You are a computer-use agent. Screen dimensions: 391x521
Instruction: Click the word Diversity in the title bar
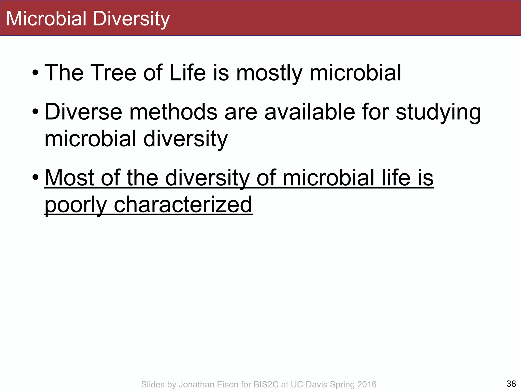[x=131, y=19]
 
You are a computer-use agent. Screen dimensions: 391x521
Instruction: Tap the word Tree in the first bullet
[x=113, y=73]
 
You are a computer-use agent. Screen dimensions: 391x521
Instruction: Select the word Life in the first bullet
[x=187, y=73]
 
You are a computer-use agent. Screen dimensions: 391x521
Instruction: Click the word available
[x=310, y=112]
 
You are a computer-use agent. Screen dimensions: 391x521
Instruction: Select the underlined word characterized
[x=183, y=205]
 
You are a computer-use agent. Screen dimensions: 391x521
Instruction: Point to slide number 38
[x=511, y=383]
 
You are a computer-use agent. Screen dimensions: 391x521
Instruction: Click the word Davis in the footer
[x=316, y=384]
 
